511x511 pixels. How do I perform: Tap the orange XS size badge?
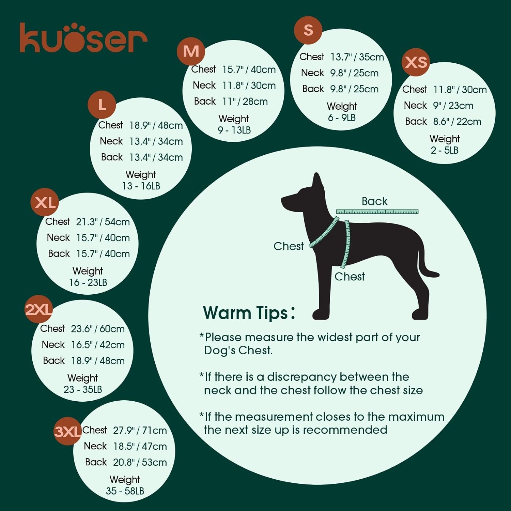tap(416, 62)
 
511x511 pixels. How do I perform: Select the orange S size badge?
tap(308, 30)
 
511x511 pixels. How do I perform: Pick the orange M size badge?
tap(191, 51)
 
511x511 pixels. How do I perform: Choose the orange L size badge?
tap(102, 105)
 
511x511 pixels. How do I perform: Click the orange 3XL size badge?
tap(67, 431)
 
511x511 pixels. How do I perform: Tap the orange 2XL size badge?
tap(38, 309)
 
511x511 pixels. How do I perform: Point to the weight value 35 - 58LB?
tap(125, 491)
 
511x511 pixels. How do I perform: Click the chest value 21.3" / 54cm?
tap(103, 222)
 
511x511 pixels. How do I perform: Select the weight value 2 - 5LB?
tap(445, 150)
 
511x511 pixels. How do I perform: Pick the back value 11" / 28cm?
tap(245, 102)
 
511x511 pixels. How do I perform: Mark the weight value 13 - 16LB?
tap(141, 186)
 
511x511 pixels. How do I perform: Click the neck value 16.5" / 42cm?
tap(98, 345)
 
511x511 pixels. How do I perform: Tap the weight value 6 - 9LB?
tap(342, 118)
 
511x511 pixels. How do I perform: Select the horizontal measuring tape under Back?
tap(377, 212)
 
